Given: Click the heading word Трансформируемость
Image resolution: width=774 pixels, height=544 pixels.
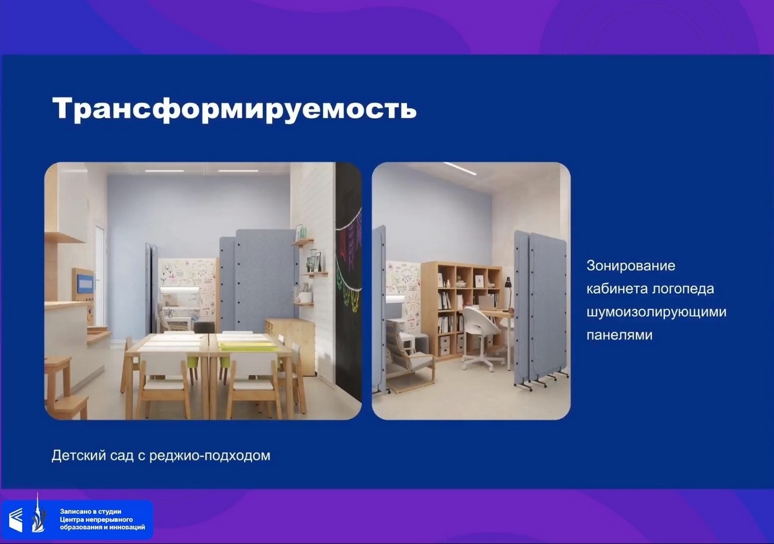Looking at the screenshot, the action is pos(234,109).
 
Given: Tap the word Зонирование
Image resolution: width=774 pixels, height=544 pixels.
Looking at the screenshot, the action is pos(631,266).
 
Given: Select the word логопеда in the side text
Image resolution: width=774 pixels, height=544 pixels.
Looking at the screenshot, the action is pos(682,289).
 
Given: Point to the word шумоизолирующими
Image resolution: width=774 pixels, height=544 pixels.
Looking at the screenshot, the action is pos(657,312).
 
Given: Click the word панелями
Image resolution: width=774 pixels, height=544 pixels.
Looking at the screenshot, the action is pos(620,335).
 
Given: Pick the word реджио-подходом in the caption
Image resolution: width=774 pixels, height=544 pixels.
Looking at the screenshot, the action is pos(210,456).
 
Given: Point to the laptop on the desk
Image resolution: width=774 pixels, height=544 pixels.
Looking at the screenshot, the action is pos(488,302).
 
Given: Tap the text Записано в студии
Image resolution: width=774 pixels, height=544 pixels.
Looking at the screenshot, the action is pos(90,512).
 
